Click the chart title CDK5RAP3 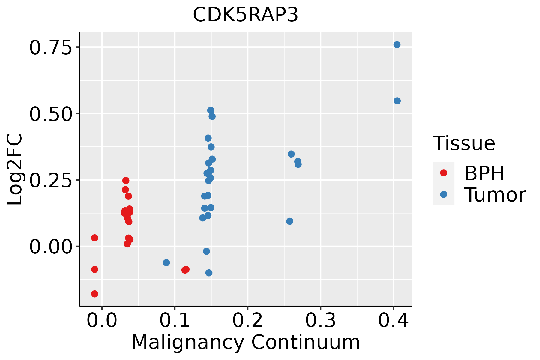245,15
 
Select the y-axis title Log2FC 15,169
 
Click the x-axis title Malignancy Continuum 245,342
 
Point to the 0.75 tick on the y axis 51,48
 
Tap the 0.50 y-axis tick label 51,114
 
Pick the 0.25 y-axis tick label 51,180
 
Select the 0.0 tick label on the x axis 102,321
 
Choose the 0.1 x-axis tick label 175,321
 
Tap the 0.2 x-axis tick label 248,321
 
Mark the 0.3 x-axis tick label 321,321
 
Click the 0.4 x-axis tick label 393,321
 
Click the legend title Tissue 464,143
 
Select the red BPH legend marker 443,173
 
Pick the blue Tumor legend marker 443,194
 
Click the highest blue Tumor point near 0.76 397,45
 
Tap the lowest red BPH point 94,294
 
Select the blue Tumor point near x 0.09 166,263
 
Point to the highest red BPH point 126,180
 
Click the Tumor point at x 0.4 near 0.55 397,101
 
